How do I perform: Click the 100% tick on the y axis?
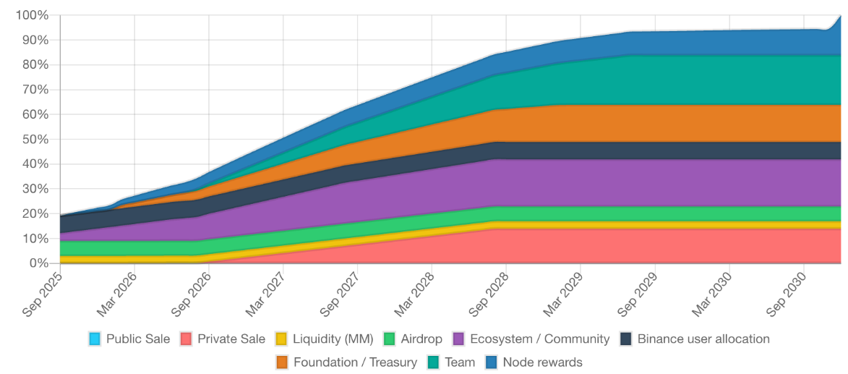[x=32, y=15]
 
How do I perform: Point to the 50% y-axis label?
[x=35, y=139]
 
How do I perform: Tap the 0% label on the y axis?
[x=38, y=263]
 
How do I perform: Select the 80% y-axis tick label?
[x=35, y=64]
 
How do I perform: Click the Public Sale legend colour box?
[x=95, y=339]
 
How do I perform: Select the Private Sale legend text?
[x=231, y=339]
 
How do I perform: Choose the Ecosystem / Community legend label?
[x=539, y=339]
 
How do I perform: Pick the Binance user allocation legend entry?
[x=703, y=339]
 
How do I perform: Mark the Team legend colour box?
[x=434, y=362]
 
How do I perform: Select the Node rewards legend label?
[x=542, y=362]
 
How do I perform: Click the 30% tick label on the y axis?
[x=35, y=189]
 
